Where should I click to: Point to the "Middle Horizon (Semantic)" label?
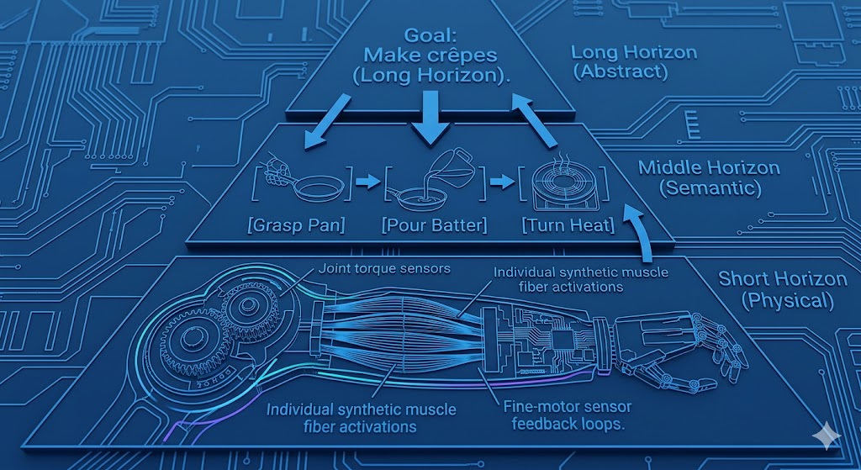point(708,177)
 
